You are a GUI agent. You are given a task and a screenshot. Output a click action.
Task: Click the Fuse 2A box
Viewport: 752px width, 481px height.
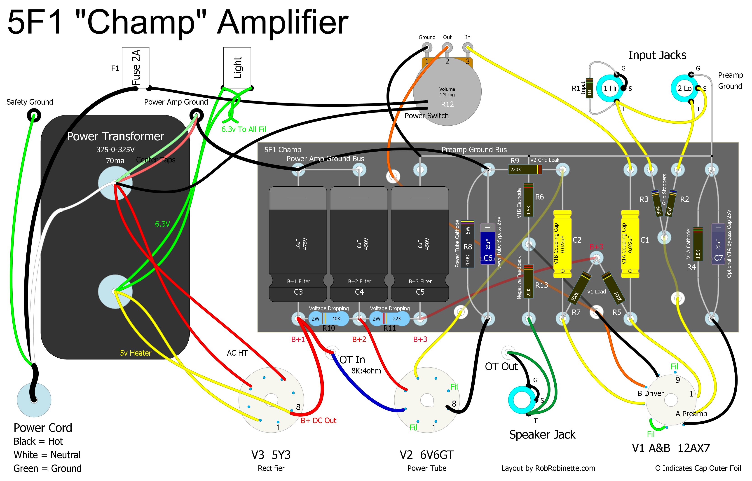coord(136,68)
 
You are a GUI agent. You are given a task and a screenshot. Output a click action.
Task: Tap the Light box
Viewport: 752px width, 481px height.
coord(237,68)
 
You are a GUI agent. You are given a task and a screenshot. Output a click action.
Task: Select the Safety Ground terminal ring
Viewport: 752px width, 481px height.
coord(34,116)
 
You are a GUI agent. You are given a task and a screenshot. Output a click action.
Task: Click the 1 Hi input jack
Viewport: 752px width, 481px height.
coord(610,88)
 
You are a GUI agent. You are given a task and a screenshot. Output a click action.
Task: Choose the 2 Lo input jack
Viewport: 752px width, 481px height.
coord(684,88)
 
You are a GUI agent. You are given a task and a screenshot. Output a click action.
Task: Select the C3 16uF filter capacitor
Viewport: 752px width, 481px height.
coord(298,244)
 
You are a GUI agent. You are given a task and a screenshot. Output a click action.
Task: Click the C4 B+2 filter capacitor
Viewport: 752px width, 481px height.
coord(359,244)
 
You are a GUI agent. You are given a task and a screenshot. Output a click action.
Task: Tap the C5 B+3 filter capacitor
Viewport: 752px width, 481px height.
coord(420,244)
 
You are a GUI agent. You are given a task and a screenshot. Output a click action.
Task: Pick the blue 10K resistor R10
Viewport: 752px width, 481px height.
coord(328,319)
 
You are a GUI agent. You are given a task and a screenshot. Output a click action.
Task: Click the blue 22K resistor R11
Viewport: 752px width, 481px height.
coord(389,319)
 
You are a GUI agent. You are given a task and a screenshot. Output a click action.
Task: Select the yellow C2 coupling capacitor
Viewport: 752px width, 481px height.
coord(562,244)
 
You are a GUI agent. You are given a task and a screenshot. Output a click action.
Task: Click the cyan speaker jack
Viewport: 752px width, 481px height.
coord(522,400)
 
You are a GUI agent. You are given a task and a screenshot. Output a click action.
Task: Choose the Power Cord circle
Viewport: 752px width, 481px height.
coord(34,400)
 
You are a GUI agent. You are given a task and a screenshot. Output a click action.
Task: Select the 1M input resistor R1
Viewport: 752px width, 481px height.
coord(589,88)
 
